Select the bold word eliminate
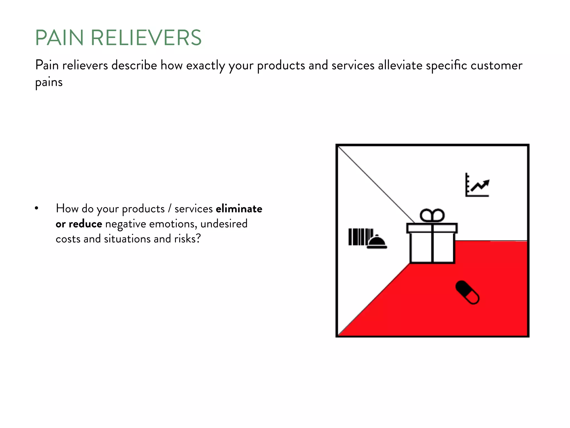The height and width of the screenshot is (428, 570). (239, 209)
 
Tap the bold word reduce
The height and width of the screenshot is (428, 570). (85, 224)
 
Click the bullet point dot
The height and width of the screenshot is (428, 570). (36, 208)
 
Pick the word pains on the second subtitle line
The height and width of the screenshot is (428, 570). (49, 82)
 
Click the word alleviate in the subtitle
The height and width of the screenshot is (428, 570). (400, 65)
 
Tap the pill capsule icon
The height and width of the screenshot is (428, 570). (467, 292)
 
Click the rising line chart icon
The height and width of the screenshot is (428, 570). (477, 185)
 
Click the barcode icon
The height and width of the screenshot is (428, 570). (357, 237)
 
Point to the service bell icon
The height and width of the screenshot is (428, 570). (377, 242)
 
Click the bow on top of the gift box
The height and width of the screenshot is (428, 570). (432, 215)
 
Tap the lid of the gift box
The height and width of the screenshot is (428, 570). (432, 228)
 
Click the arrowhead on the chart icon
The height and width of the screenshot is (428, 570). (486, 183)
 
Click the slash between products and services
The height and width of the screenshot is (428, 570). (169, 209)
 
